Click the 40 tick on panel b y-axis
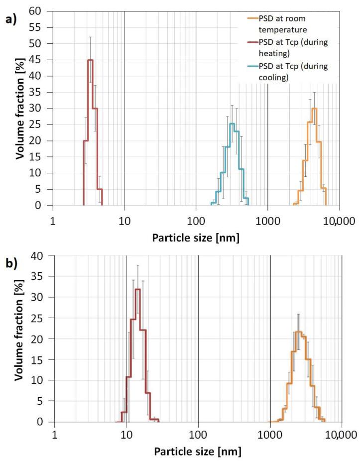pos(44,256)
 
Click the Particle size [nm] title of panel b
pos(198,452)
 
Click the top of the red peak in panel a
pos(91,60)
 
